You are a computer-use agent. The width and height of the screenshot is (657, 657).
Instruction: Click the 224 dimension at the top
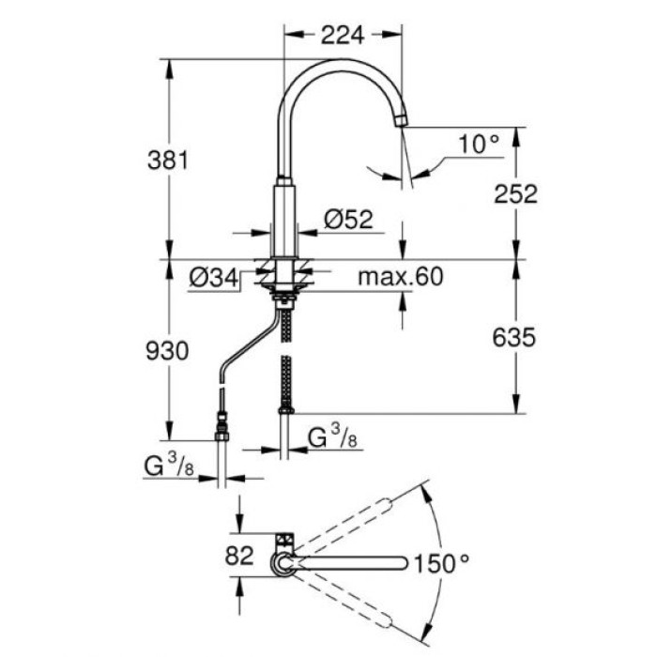[x=342, y=36]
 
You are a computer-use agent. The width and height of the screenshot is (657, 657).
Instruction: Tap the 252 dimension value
[x=515, y=193]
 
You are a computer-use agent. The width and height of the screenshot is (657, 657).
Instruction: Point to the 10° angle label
[x=479, y=144]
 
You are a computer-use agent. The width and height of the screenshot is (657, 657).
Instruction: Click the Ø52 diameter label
[x=348, y=220]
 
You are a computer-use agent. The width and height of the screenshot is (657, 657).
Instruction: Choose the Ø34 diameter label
[x=210, y=278]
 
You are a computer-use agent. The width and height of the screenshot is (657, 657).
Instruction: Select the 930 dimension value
[x=170, y=350]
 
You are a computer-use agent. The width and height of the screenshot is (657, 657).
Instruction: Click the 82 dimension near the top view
[x=240, y=555]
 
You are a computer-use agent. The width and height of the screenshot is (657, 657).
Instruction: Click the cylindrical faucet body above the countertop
[x=284, y=216]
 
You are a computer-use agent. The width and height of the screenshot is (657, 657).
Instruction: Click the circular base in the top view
[x=282, y=563]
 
